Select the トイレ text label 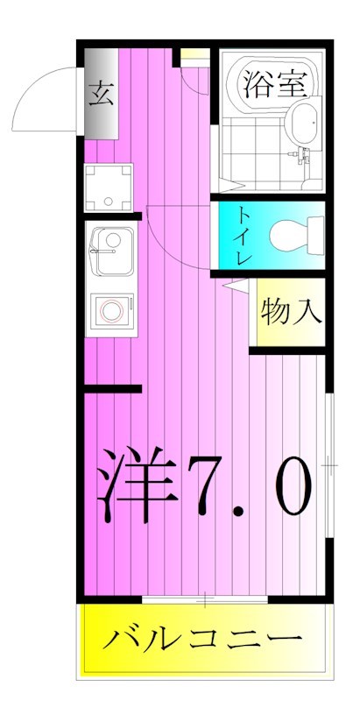point(243,235)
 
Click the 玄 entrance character point(99,91)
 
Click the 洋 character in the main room point(136,485)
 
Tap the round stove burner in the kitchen point(111,310)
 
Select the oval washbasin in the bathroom point(307,123)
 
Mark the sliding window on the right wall point(329,464)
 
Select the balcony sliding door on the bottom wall point(204,599)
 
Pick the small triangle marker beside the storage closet point(232,284)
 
